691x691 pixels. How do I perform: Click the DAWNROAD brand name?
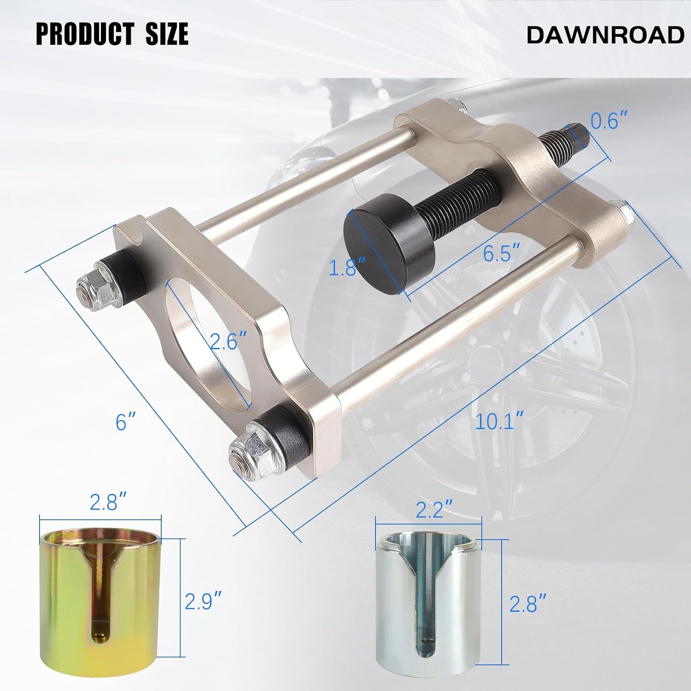605,35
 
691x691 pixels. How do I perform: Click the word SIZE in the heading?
167,34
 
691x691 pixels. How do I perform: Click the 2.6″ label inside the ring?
229,341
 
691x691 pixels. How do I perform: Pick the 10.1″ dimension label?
499,422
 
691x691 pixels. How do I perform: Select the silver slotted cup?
428,613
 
